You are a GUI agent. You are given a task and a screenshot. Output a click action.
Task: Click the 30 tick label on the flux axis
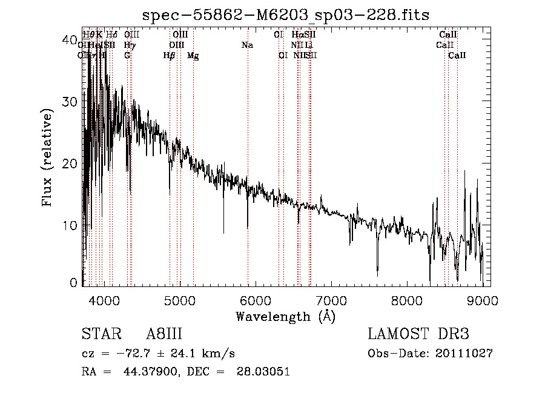pyautogui.click(x=71, y=101)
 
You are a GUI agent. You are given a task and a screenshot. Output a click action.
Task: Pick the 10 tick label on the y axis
pyautogui.click(x=71, y=225)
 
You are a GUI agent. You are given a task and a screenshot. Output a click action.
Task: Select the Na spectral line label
pyautogui.click(x=247, y=45)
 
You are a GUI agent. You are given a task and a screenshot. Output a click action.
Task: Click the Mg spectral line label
pyautogui.click(x=193, y=56)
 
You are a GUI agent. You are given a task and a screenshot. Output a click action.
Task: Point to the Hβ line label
pyautogui.click(x=170, y=56)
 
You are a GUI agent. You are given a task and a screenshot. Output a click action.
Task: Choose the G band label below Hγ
pyautogui.click(x=127, y=56)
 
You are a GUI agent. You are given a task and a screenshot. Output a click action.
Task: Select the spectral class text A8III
pyautogui.click(x=164, y=334)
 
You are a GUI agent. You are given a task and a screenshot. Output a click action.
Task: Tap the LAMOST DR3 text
pyautogui.click(x=418, y=334)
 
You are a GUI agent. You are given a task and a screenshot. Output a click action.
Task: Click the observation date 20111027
pyautogui.click(x=463, y=353)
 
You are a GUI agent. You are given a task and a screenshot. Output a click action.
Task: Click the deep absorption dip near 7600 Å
pyautogui.click(x=377, y=271)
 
